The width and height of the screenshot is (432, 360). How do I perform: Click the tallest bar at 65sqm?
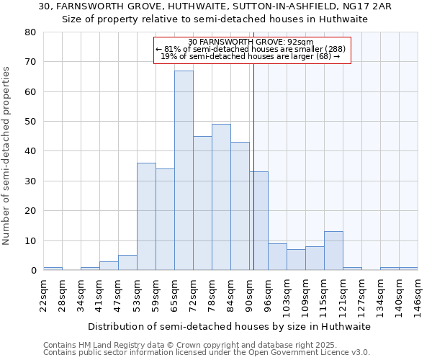pyautogui.click(x=184, y=171)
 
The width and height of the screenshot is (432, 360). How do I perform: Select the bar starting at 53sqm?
pyautogui.click(x=146, y=217)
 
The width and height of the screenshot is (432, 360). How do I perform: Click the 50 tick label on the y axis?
pyautogui.click(x=30, y=122)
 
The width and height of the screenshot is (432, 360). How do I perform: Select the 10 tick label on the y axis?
pyautogui.click(x=30, y=240)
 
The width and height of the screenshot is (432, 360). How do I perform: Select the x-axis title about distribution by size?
pyautogui.click(x=230, y=326)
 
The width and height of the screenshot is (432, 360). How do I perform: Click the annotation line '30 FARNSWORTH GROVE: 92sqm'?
pyautogui.click(x=252, y=42)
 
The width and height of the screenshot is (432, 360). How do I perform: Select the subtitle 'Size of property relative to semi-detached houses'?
pyautogui.click(x=215, y=19)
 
